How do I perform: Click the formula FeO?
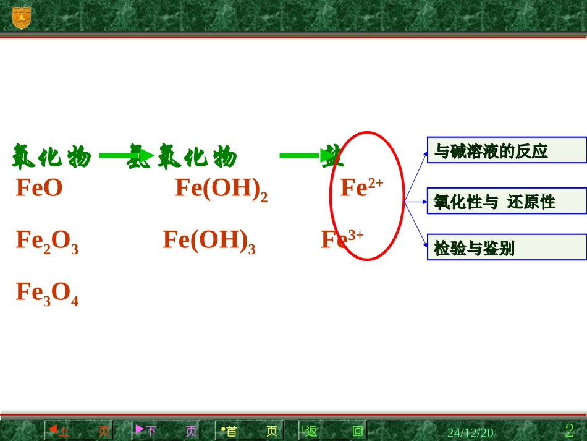pos(39,188)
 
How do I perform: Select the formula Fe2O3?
pos(47,241)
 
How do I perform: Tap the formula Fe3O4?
pos(47,293)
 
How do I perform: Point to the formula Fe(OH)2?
pos(221,189)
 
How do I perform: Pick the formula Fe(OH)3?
pos(209,241)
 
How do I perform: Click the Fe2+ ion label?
pos(361,187)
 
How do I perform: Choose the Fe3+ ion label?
pos(342,239)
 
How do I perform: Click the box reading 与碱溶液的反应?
pos(507,150)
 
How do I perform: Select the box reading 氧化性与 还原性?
pos(507,201)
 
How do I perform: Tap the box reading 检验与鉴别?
pos(507,247)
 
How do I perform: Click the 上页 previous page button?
pos(78,430)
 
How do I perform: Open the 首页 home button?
pos(250,430)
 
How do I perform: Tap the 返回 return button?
pos(332,430)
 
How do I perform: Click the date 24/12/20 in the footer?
pos(470,432)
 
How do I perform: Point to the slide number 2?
pos(569,430)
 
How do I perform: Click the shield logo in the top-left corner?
pos(21,17)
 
